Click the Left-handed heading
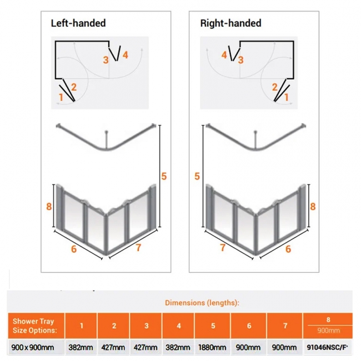(78, 23)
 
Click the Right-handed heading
(230, 23)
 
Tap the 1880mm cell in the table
(212, 347)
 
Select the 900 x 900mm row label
(33, 347)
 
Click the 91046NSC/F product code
(327, 347)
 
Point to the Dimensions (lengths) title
(202, 303)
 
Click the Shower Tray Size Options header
(35, 325)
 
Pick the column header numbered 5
(213, 326)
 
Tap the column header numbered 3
(147, 326)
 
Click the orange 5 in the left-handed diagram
(164, 177)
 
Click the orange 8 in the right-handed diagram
(313, 206)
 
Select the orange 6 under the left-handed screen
(74, 249)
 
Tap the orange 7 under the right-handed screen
(223, 248)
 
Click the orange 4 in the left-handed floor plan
(126, 55)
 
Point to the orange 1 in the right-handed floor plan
(287, 97)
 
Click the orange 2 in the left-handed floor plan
(74, 87)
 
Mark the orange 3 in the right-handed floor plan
(240, 60)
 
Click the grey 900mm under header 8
(328, 330)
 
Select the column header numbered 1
(81, 326)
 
